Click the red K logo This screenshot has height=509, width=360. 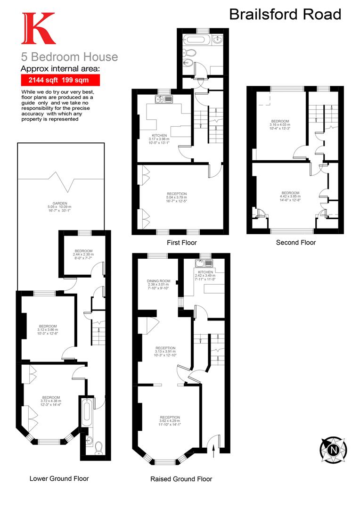(x=38, y=29)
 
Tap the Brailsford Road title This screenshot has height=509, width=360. (x=285, y=14)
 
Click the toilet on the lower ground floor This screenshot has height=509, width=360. (x=98, y=446)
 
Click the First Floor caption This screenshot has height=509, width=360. (x=181, y=243)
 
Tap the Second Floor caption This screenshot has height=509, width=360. (x=295, y=243)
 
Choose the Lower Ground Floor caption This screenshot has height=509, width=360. (x=59, y=478)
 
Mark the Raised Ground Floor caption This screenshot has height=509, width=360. (x=181, y=479)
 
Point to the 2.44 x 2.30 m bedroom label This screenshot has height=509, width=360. (x=83, y=254)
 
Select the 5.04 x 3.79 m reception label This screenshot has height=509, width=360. (x=177, y=197)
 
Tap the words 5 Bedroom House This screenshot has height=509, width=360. (x=69, y=57)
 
